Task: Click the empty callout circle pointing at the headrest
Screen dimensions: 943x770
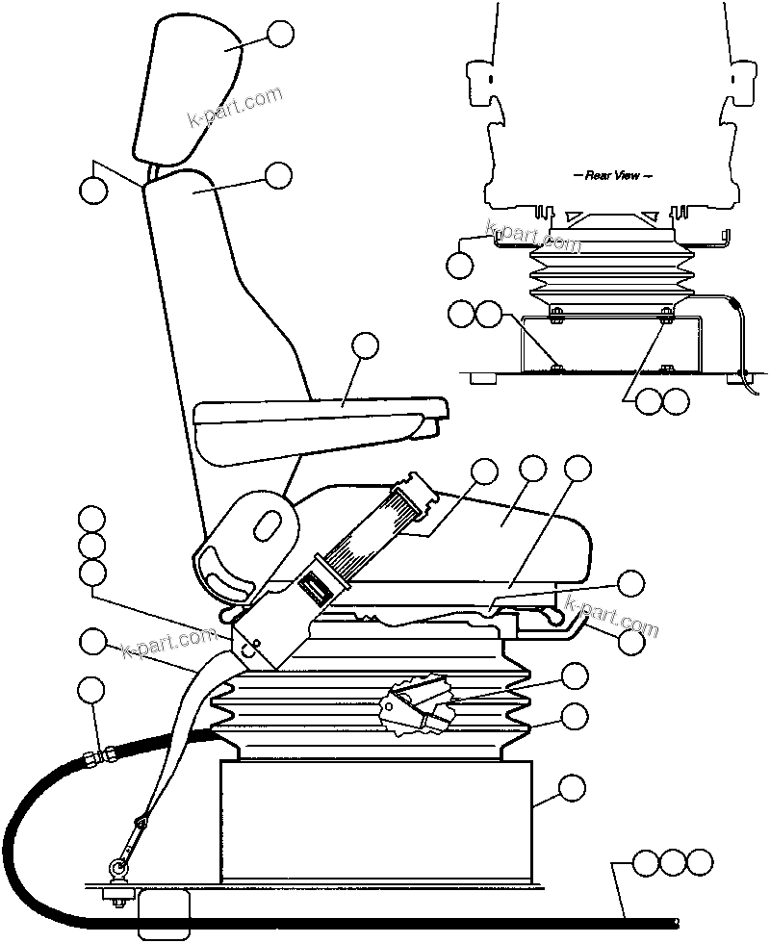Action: point(281,34)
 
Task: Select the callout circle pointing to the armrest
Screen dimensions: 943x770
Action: point(365,346)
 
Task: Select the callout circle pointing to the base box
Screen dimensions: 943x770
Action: point(572,787)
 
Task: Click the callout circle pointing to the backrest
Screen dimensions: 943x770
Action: point(278,175)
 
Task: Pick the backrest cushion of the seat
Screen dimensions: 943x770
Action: point(221,318)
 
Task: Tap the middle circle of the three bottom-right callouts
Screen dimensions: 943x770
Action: point(674,862)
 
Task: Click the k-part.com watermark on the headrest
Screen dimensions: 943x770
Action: point(235,109)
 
